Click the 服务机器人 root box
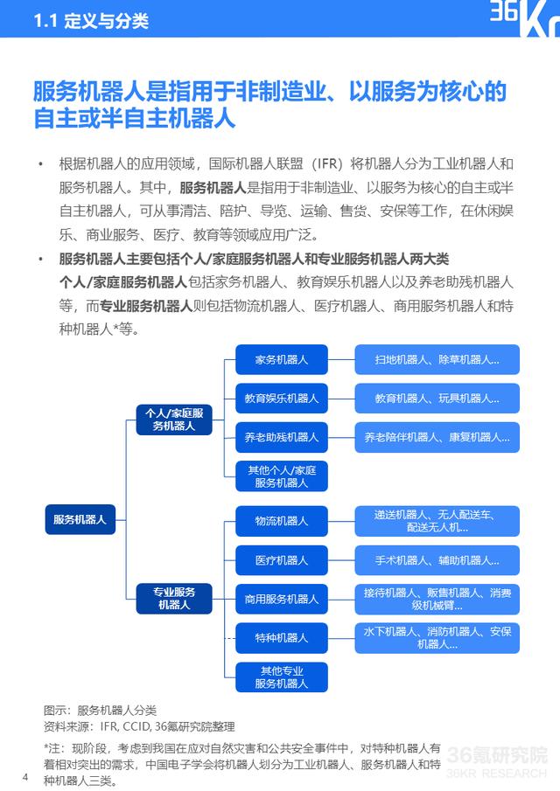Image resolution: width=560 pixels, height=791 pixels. pyautogui.click(x=80, y=519)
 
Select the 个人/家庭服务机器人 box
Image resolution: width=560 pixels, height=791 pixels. pyautogui.click(x=174, y=419)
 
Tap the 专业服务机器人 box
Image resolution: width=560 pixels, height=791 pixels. pyautogui.click(x=174, y=598)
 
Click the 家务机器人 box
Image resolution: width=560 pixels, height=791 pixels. pyautogui.click(x=282, y=359)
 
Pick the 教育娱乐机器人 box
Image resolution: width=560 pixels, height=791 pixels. pyautogui.click(x=282, y=398)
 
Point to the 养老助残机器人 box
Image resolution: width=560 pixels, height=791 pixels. pyautogui.click(x=282, y=437)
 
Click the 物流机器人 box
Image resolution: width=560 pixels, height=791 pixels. pyautogui.click(x=282, y=521)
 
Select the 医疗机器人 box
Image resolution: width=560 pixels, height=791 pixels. pyautogui.click(x=282, y=560)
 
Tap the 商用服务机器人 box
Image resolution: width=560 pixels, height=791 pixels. pyautogui.click(x=282, y=599)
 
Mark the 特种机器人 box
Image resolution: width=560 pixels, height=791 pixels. pyautogui.click(x=282, y=638)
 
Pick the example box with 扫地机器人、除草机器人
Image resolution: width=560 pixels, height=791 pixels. pyautogui.click(x=437, y=359)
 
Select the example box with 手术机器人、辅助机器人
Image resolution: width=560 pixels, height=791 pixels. pyautogui.click(x=437, y=560)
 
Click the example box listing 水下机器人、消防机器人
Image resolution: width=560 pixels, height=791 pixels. pyautogui.click(x=437, y=638)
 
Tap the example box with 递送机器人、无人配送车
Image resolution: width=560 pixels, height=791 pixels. pyautogui.click(x=437, y=521)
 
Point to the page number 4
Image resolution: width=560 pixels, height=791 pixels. pyautogui.click(x=25, y=777)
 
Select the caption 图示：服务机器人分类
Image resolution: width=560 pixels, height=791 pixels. pyautogui.click(x=101, y=709)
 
